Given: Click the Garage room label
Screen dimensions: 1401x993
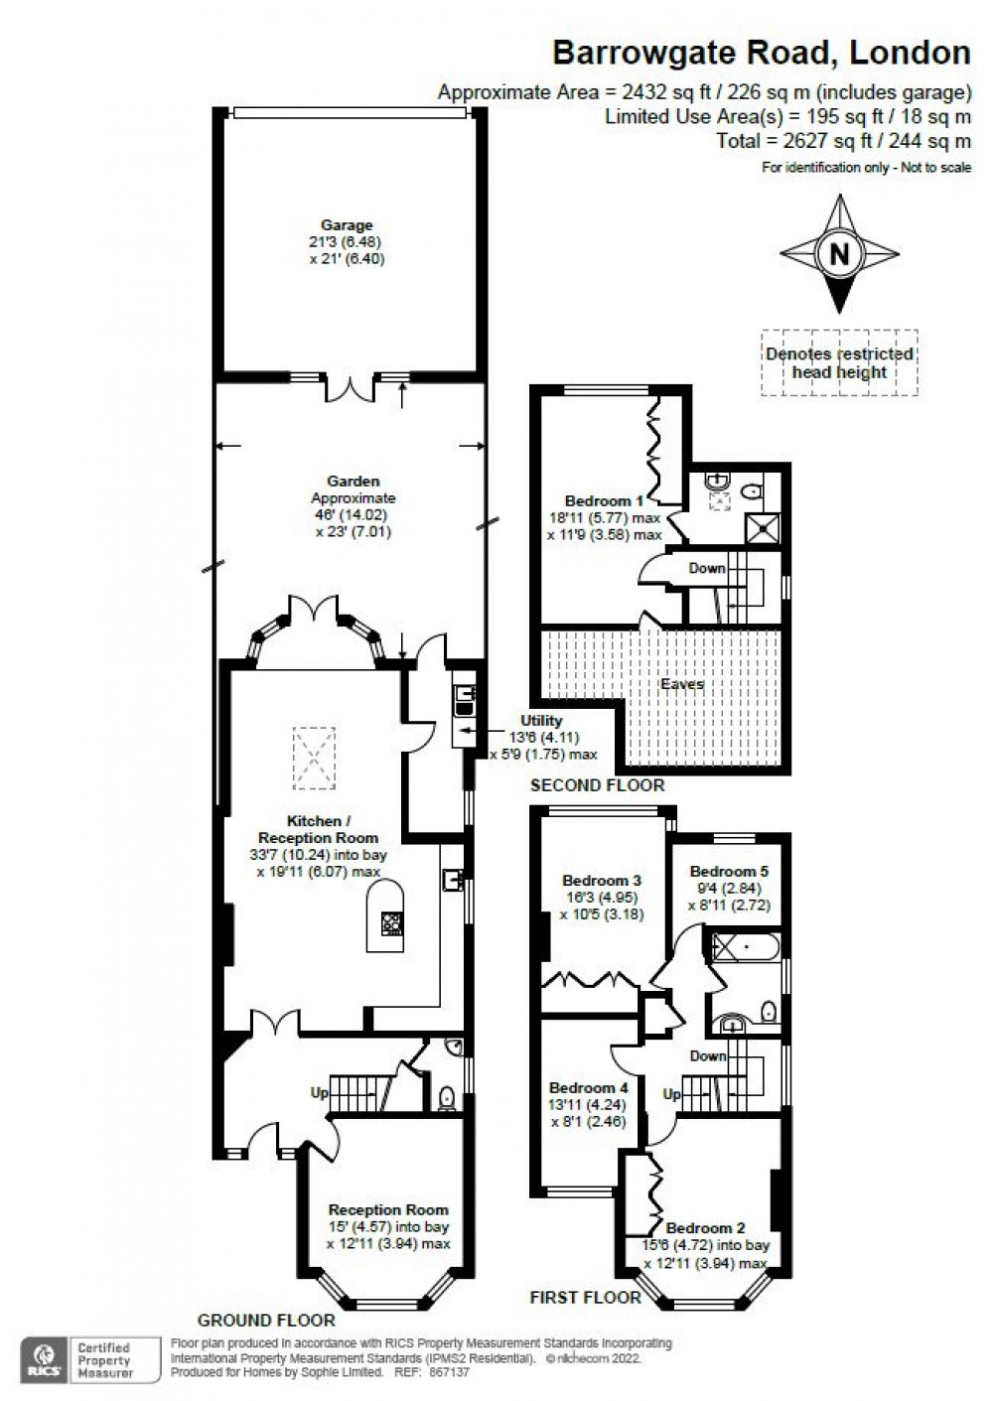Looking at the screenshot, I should pyautogui.click(x=346, y=225).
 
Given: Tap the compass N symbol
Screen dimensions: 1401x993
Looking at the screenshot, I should pyautogui.click(x=839, y=254).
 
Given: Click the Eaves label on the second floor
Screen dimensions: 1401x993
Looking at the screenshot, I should pyautogui.click(x=682, y=684).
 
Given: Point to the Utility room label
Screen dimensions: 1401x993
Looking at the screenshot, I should pyautogui.click(x=541, y=721).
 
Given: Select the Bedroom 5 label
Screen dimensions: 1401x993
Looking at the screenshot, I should pyautogui.click(x=729, y=872).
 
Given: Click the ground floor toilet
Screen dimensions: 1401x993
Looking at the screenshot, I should pyautogui.click(x=446, y=1097).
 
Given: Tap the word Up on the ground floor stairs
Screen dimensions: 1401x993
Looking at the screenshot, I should pyautogui.click(x=320, y=1092).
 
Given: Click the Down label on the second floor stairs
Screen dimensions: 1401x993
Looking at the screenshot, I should pyautogui.click(x=707, y=568).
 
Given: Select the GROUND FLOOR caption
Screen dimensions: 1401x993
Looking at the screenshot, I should pyautogui.click(x=266, y=1321).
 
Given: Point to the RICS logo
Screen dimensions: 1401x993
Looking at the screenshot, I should pyautogui.click(x=46, y=1358).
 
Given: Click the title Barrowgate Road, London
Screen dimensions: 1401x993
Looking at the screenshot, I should pyautogui.click(x=761, y=52).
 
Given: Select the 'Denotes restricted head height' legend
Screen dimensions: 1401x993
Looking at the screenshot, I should pyautogui.click(x=839, y=363).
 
